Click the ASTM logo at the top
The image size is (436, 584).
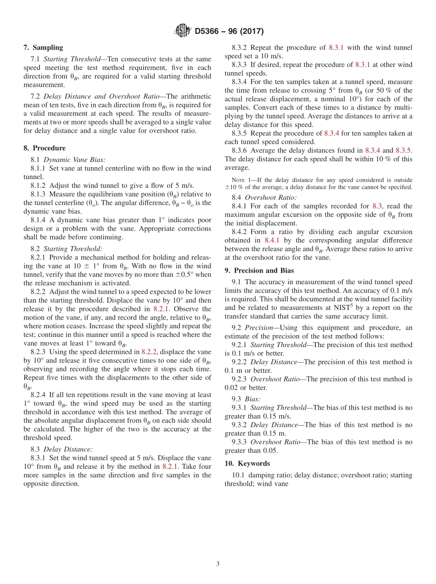click(183, 31)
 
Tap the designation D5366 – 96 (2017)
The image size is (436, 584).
click(229, 32)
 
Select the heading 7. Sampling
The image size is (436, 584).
click(43, 47)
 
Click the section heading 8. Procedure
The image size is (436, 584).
click(44, 148)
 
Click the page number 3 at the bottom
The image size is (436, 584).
click(218, 564)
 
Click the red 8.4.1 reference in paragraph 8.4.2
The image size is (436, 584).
click(273, 240)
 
